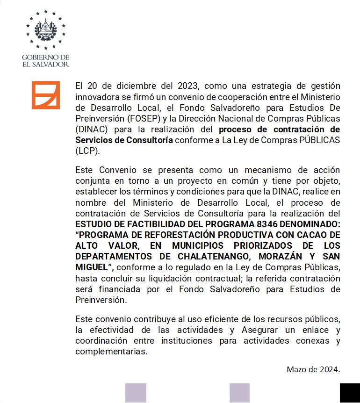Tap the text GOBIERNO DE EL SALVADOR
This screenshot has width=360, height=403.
tap(46, 60)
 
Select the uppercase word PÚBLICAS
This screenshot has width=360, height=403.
tap(319, 140)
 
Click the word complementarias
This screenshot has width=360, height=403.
tap(111, 352)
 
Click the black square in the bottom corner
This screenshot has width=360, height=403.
tap(350, 393)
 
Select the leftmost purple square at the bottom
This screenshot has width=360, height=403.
tap(136, 393)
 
